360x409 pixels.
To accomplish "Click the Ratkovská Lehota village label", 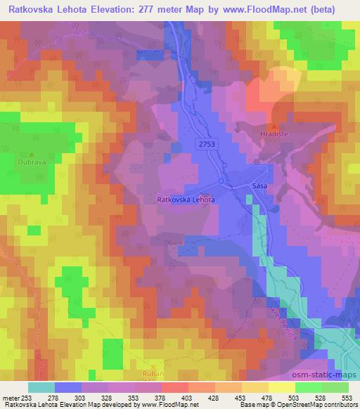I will tap(185, 200).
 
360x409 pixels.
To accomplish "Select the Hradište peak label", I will tap(274, 131).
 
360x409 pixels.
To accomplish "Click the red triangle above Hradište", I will tap(274, 124).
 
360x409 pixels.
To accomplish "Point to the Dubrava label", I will tap(31, 161).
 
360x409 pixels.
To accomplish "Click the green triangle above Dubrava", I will tap(31, 153).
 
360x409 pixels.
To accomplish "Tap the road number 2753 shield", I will tap(205, 143).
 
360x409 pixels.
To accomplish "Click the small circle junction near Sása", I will tap(221, 181).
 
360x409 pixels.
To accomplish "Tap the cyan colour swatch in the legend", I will tap(41, 387).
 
